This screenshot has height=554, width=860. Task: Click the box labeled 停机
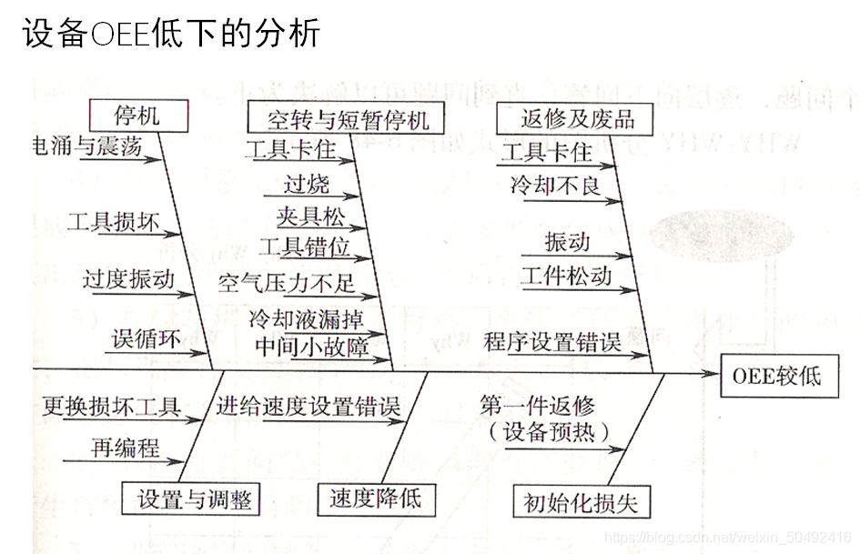point(137,116)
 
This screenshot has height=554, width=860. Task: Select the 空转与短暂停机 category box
point(338,119)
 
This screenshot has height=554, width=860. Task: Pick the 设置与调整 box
point(192,499)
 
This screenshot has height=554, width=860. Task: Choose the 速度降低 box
point(376,498)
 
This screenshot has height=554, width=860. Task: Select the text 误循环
point(146,339)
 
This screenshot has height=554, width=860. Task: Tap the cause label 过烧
point(306,185)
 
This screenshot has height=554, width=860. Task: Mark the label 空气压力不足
point(287,284)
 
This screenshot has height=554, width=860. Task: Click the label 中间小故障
point(311,347)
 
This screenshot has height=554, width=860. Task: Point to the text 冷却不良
point(555,186)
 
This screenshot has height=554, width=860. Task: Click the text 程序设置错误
point(552,342)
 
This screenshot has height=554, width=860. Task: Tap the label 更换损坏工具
point(111,407)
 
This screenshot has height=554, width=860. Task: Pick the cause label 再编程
point(125,448)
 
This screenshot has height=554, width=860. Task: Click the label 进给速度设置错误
point(309,407)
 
